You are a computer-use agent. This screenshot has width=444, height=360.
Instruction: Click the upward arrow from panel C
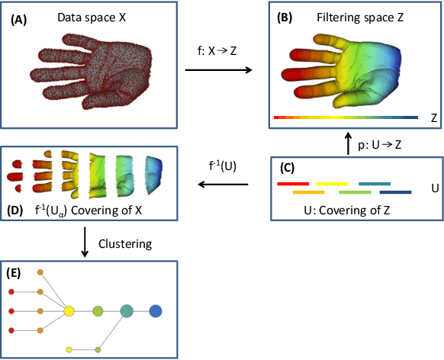tap(349, 143)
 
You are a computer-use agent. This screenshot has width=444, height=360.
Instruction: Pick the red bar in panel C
tap(293, 184)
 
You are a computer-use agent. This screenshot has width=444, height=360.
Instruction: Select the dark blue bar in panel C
tap(396, 192)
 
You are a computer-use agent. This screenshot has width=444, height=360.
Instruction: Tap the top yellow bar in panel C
tap(333, 184)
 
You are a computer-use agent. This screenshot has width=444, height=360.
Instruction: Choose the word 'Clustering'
tap(126, 244)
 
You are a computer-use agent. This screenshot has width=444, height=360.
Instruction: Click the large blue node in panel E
tap(156, 310)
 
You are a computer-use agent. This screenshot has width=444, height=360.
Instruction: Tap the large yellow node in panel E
tap(69, 311)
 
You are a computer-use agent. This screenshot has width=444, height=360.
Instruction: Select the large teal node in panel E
tap(127, 310)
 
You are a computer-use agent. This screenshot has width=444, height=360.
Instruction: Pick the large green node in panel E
tap(98, 311)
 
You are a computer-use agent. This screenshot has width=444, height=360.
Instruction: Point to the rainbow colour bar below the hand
tap(345, 117)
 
